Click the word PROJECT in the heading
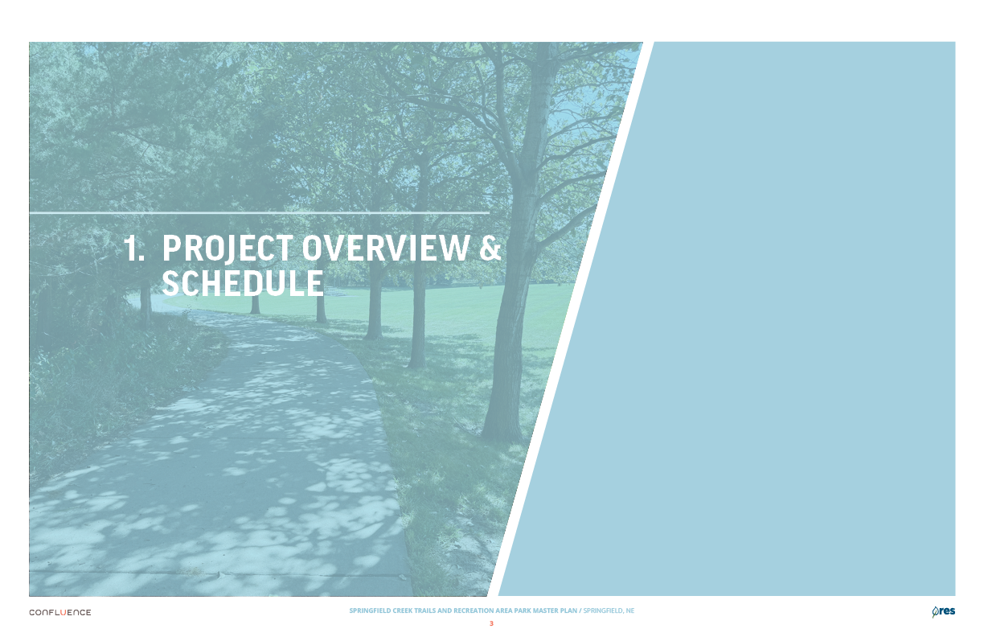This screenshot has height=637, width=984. pos(228,249)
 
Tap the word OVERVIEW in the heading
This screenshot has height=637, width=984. pos(386,249)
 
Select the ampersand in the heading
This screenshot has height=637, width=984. pos(490,249)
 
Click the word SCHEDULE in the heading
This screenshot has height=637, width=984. pos(243,283)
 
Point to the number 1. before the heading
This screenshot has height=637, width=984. pos(134,249)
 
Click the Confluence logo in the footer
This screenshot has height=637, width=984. pos(60,612)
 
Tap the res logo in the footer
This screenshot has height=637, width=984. pos(944,611)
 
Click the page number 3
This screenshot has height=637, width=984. pos(491,623)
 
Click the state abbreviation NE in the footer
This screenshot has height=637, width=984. pos(630,610)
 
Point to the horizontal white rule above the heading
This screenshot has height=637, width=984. pos(259,213)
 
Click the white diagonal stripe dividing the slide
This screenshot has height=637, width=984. pos(570,319)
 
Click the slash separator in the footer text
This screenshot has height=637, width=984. pos(580,610)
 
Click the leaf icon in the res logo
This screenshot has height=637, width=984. pos(935,612)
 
